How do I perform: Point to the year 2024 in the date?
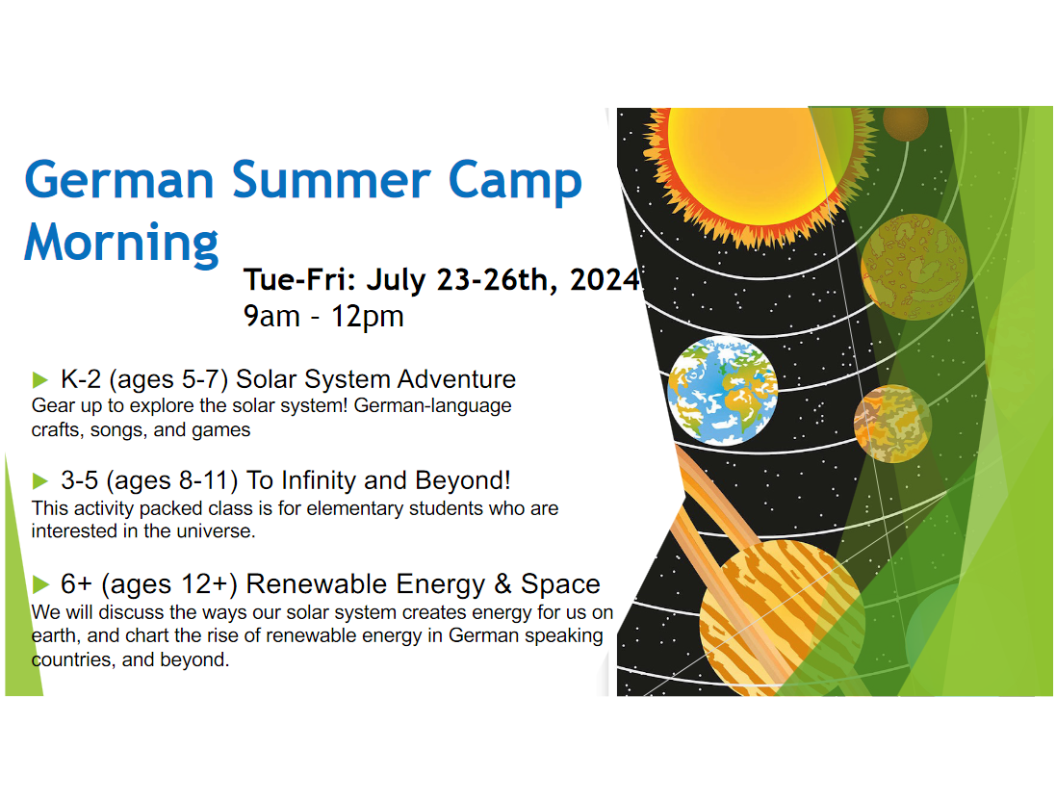pos(604,280)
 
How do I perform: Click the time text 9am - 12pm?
pos(323,316)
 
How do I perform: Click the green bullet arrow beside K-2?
pos(40,377)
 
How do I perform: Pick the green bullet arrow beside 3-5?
pos(40,479)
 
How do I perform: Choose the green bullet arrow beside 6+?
pos(40,582)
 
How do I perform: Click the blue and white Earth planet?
pos(722,391)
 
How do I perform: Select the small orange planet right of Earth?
pos(892,421)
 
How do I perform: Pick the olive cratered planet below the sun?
pos(913,266)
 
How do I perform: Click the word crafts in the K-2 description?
pos(56,430)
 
